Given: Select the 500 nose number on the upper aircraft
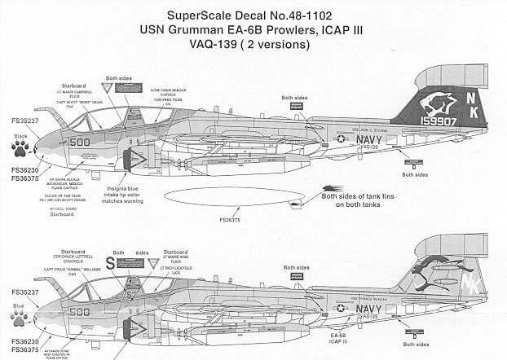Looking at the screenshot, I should pos(102,141).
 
